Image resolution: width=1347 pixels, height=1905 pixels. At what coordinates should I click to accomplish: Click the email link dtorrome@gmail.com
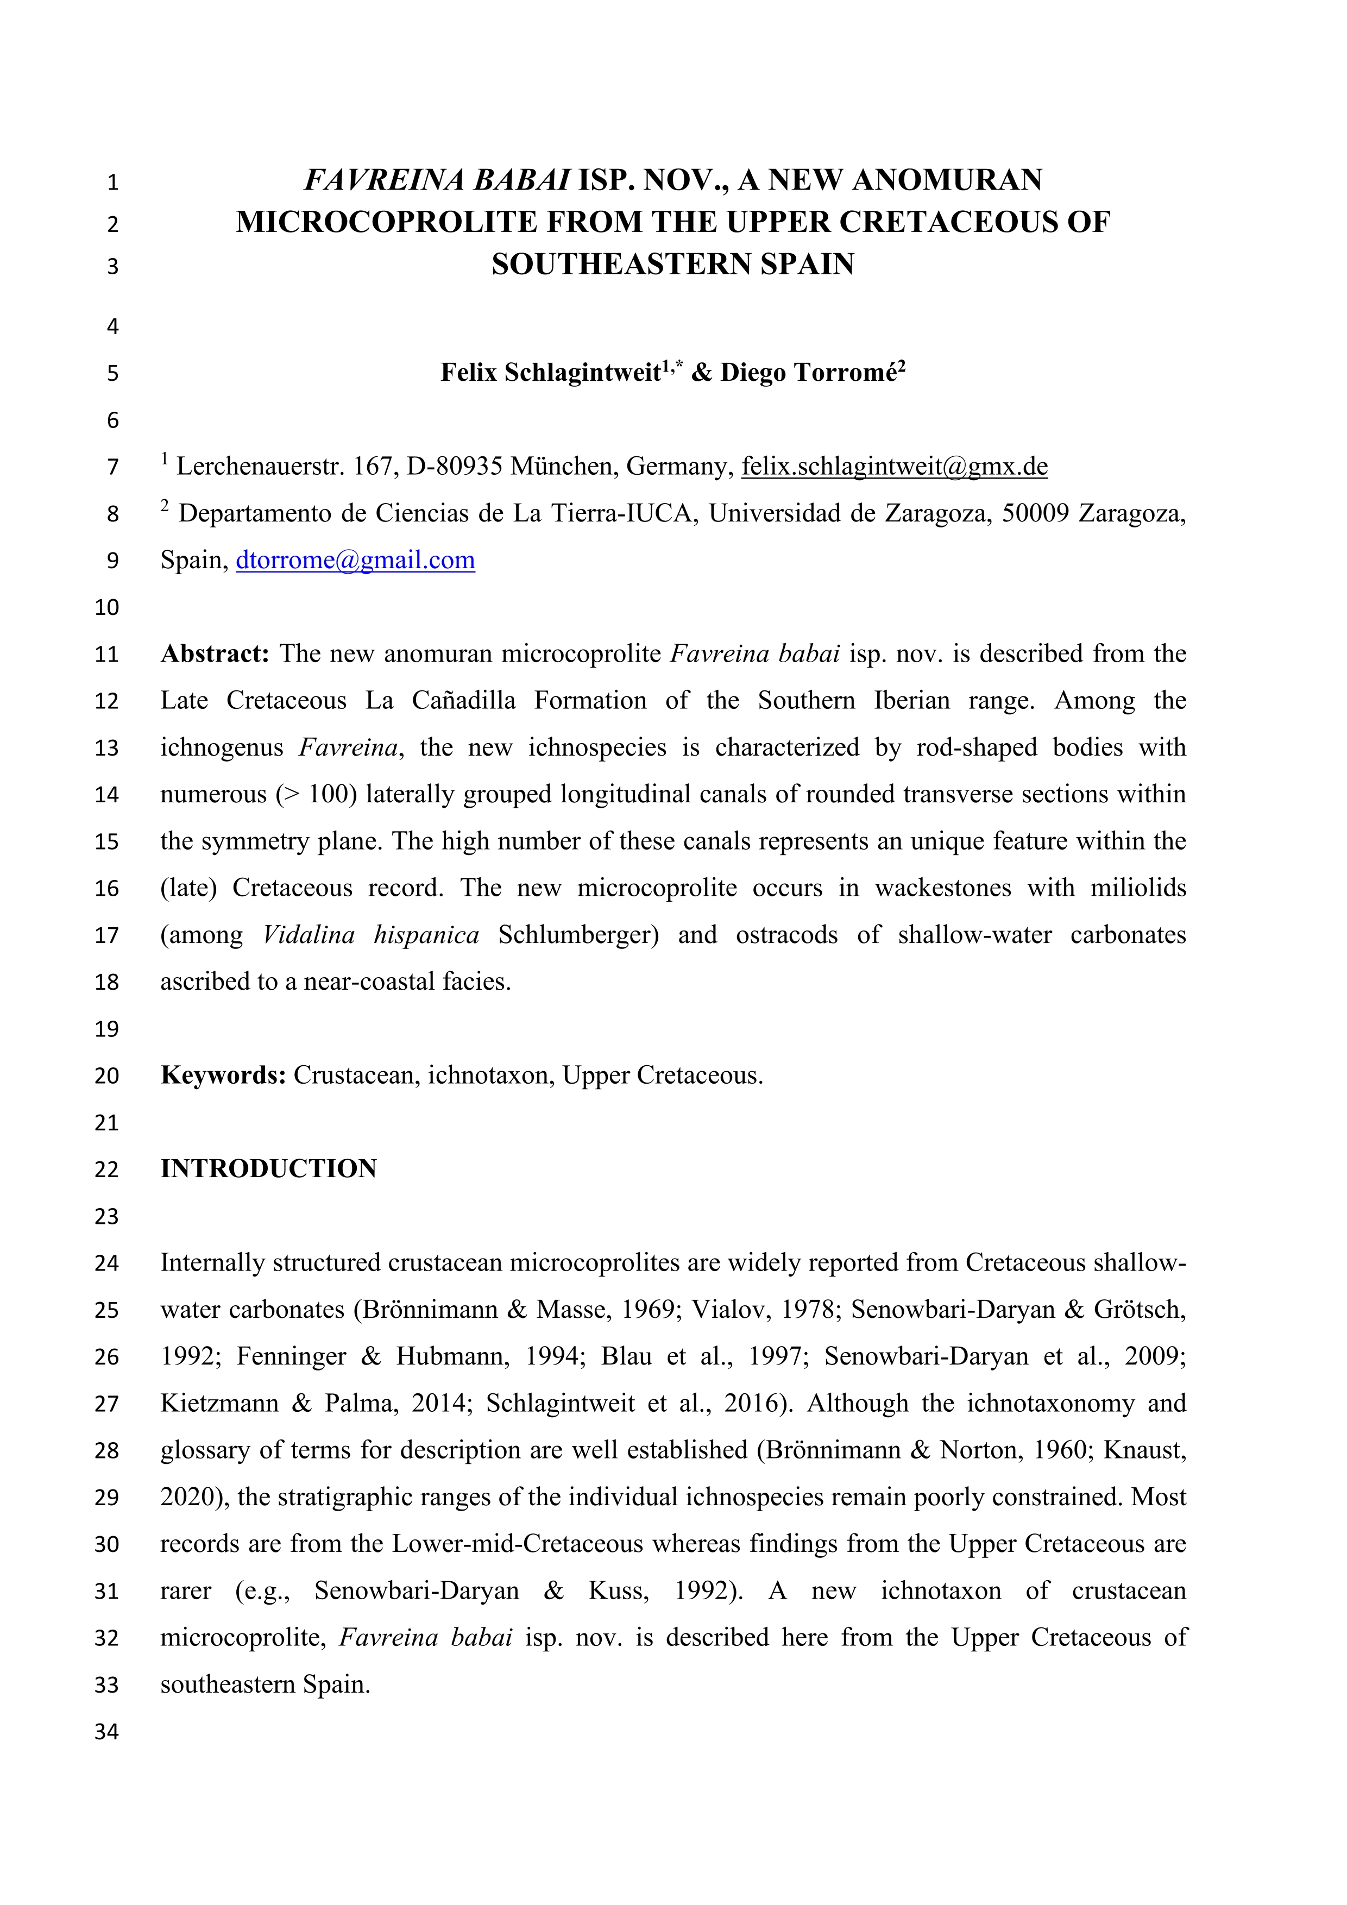point(355,561)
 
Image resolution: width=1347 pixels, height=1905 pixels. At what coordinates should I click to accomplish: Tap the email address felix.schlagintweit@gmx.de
point(894,467)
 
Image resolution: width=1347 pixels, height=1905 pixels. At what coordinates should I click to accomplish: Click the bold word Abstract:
point(215,655)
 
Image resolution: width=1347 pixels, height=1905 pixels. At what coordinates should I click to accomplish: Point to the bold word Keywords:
point(223,1076)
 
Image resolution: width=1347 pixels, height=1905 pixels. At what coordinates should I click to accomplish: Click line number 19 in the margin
point(107,1030)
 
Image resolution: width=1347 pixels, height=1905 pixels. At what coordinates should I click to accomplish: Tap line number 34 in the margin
point(107,1732)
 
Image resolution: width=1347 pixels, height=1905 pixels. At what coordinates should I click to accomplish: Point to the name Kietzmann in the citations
point(217,1404)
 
